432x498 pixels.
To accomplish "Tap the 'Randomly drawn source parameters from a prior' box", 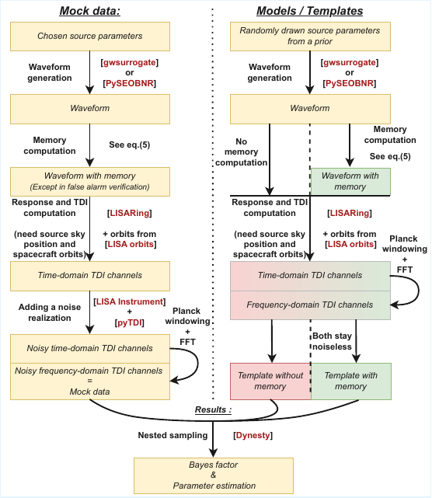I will click(310, 37).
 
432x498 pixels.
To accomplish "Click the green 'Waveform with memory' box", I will click(350, 181).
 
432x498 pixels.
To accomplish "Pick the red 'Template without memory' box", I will click(270, 381).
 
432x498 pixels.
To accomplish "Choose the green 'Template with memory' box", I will click(350, 381).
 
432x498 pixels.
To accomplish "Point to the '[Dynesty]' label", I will click(252, 437).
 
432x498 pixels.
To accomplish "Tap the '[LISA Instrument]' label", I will click(129, 301).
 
